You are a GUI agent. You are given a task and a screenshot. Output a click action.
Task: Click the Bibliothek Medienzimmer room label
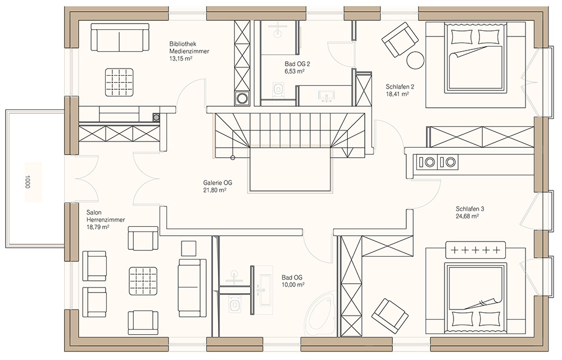[x=189, y=48]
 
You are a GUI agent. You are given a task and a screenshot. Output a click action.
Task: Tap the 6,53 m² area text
[x=294, y=71]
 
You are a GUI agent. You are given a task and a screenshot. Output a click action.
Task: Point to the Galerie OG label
[x=217, y=183]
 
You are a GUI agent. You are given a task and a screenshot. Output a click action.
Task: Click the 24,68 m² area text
[x=468, y=216]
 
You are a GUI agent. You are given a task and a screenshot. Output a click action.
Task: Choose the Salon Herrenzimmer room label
[x=106, y=216]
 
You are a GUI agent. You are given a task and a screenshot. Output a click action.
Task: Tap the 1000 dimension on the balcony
[x=28, y=181]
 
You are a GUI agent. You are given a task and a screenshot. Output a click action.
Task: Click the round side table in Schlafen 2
[x=416, y=60]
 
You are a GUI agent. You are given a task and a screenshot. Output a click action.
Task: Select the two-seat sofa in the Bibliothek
[x=120, y=37]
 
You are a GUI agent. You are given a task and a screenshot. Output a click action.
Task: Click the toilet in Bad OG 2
[x=278, y=89]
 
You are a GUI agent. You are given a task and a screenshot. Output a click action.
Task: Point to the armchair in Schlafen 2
[x=400, y=39]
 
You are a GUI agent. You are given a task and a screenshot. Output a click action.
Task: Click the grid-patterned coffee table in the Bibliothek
[x=119, y=82]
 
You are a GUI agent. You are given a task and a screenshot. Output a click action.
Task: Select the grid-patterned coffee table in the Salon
[x=143, y=281]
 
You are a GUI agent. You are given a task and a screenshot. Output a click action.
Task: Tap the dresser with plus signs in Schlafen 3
[x=475, y=249]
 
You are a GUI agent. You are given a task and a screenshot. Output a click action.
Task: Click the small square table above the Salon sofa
[x=188, y=249]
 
